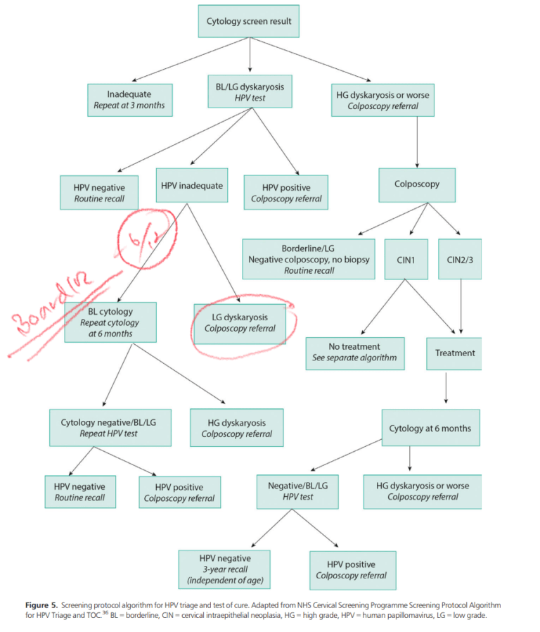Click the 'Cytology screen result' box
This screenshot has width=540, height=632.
point(250,21)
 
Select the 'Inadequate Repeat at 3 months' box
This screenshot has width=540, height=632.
point(129,101)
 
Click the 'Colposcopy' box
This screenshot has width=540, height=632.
point(417,184)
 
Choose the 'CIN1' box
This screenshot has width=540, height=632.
point(406,259)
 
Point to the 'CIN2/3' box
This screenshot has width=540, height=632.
point(461,259)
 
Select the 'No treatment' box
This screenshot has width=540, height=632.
point(354,353)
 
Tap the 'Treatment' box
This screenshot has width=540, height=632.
point(454,353)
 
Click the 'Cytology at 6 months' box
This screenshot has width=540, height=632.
point(430,428)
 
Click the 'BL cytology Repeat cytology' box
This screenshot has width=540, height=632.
point(110,322)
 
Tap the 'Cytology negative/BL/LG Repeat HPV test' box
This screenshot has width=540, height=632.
point(108,428)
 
